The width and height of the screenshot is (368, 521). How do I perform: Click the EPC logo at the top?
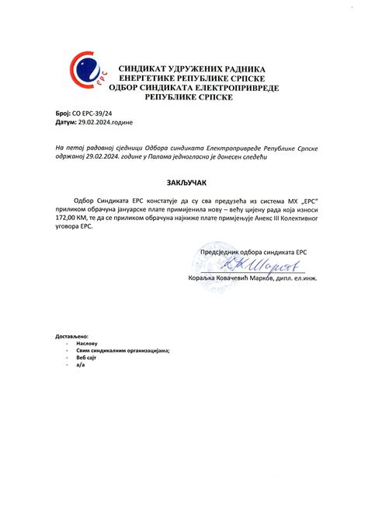pos(87,75)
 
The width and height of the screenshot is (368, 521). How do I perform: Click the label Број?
pos(64,114)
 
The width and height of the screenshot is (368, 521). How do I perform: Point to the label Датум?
pos(66,123)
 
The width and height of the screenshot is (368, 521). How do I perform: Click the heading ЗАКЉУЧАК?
pos(184,182)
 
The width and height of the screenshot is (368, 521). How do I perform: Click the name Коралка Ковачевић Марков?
pos(230,278)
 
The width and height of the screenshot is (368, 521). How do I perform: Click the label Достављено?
pos(72,335)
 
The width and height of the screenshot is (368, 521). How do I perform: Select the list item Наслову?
pos(87,343)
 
